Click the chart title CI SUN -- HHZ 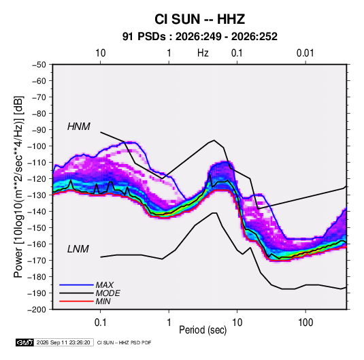point(199,19)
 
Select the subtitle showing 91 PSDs point(199,37)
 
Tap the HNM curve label point(78,127)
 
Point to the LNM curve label point(78,249)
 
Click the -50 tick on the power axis point(39,65)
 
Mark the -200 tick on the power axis point(37,310)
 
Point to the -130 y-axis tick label point(37,195)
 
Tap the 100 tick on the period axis point(305,323)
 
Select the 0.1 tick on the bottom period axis point(100,323)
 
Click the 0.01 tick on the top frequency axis point(305,53)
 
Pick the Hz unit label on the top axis point(203,53)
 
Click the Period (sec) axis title point(203,330)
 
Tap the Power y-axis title point(18,186)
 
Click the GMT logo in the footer point(25,342)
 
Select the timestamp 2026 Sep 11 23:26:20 point(63,342)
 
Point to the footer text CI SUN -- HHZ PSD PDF point(125,342)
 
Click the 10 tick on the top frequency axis point(101,53)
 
